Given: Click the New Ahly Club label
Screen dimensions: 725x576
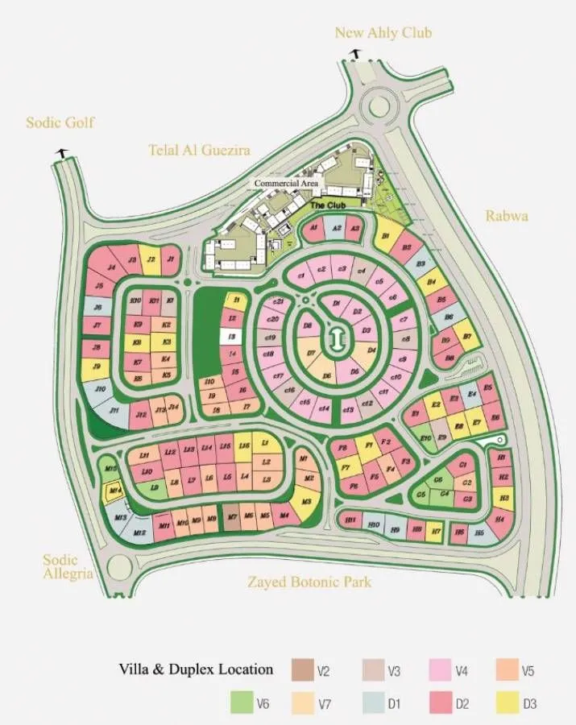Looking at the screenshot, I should (x=383, y=32).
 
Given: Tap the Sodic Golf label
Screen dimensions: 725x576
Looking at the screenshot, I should (x=60, y=122).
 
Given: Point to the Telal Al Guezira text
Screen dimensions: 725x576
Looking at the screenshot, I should (x=199, y=150).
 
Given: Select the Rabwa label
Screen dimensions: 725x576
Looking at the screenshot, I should (x=505, y=215).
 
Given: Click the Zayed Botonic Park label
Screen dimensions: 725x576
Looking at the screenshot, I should (x=309, y=581).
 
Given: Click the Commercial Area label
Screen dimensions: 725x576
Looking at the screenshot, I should (x=286, y=184).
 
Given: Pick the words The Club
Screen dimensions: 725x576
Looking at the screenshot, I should (x=328, y=205).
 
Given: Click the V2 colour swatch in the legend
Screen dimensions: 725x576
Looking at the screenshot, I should (x=301, y=669).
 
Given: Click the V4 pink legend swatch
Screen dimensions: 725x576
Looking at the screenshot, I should (x=441, y=669).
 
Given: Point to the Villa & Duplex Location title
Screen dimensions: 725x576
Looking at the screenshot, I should (x=196, y=669).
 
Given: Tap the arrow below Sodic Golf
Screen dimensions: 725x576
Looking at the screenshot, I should (x=60, y=151).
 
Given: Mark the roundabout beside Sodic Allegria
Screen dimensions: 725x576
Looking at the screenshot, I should (x=120, y=569).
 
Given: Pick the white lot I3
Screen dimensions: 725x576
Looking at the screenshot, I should (x=231, y=336).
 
